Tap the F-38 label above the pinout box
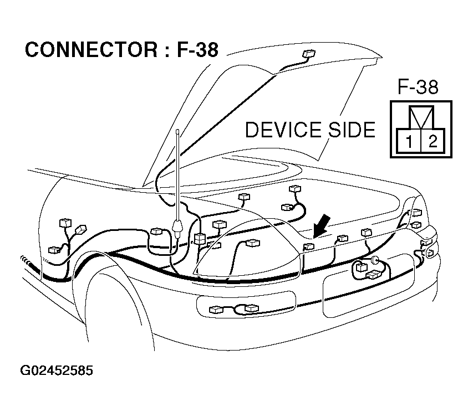coord(418,87)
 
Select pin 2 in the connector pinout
coord(432,141)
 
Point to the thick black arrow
coord(323,226)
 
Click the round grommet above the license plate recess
coord(376,260)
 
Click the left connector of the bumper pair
coord(215,309)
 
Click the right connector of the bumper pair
coord(251,308)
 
